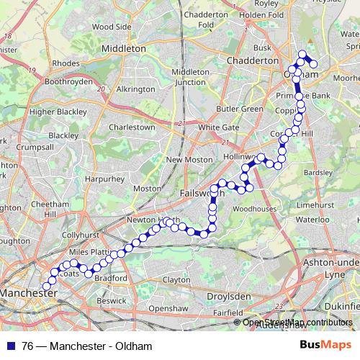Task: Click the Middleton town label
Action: tap(125, 48)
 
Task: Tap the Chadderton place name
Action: tap(252, 61)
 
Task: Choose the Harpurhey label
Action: tap(100, 178)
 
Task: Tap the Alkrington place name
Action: tap(135, 89)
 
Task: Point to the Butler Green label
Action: tap(240, 109)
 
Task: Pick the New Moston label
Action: tap(189, 159)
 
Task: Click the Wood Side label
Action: tap(112, 27)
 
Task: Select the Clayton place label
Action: tap(176, 279)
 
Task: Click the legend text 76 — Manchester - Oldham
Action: tap(87, 346)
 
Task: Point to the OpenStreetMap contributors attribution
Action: tap(297, 323)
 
